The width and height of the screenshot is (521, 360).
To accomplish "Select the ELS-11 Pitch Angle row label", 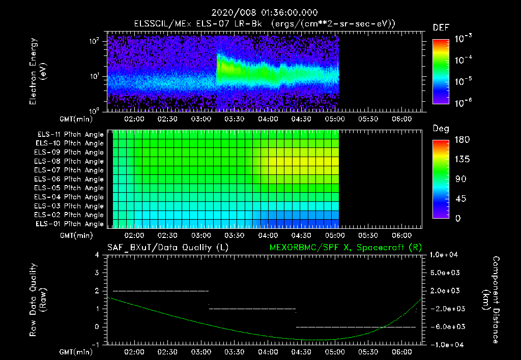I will [70, 135].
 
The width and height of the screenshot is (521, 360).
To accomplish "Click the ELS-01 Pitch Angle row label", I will [70, 224].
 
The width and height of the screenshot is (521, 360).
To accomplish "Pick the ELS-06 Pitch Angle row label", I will [70, 179].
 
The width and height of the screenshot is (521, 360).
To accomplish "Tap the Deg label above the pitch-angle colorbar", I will [441, 129].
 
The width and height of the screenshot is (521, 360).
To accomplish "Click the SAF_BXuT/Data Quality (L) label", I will [167, 247].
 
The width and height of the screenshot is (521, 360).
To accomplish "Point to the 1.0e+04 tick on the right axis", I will [446, 255].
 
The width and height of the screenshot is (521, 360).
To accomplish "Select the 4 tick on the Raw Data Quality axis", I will [97, 255].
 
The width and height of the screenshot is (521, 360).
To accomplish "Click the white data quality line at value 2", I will [160, 291].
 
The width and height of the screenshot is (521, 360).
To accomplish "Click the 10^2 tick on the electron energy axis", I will [95, 42].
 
